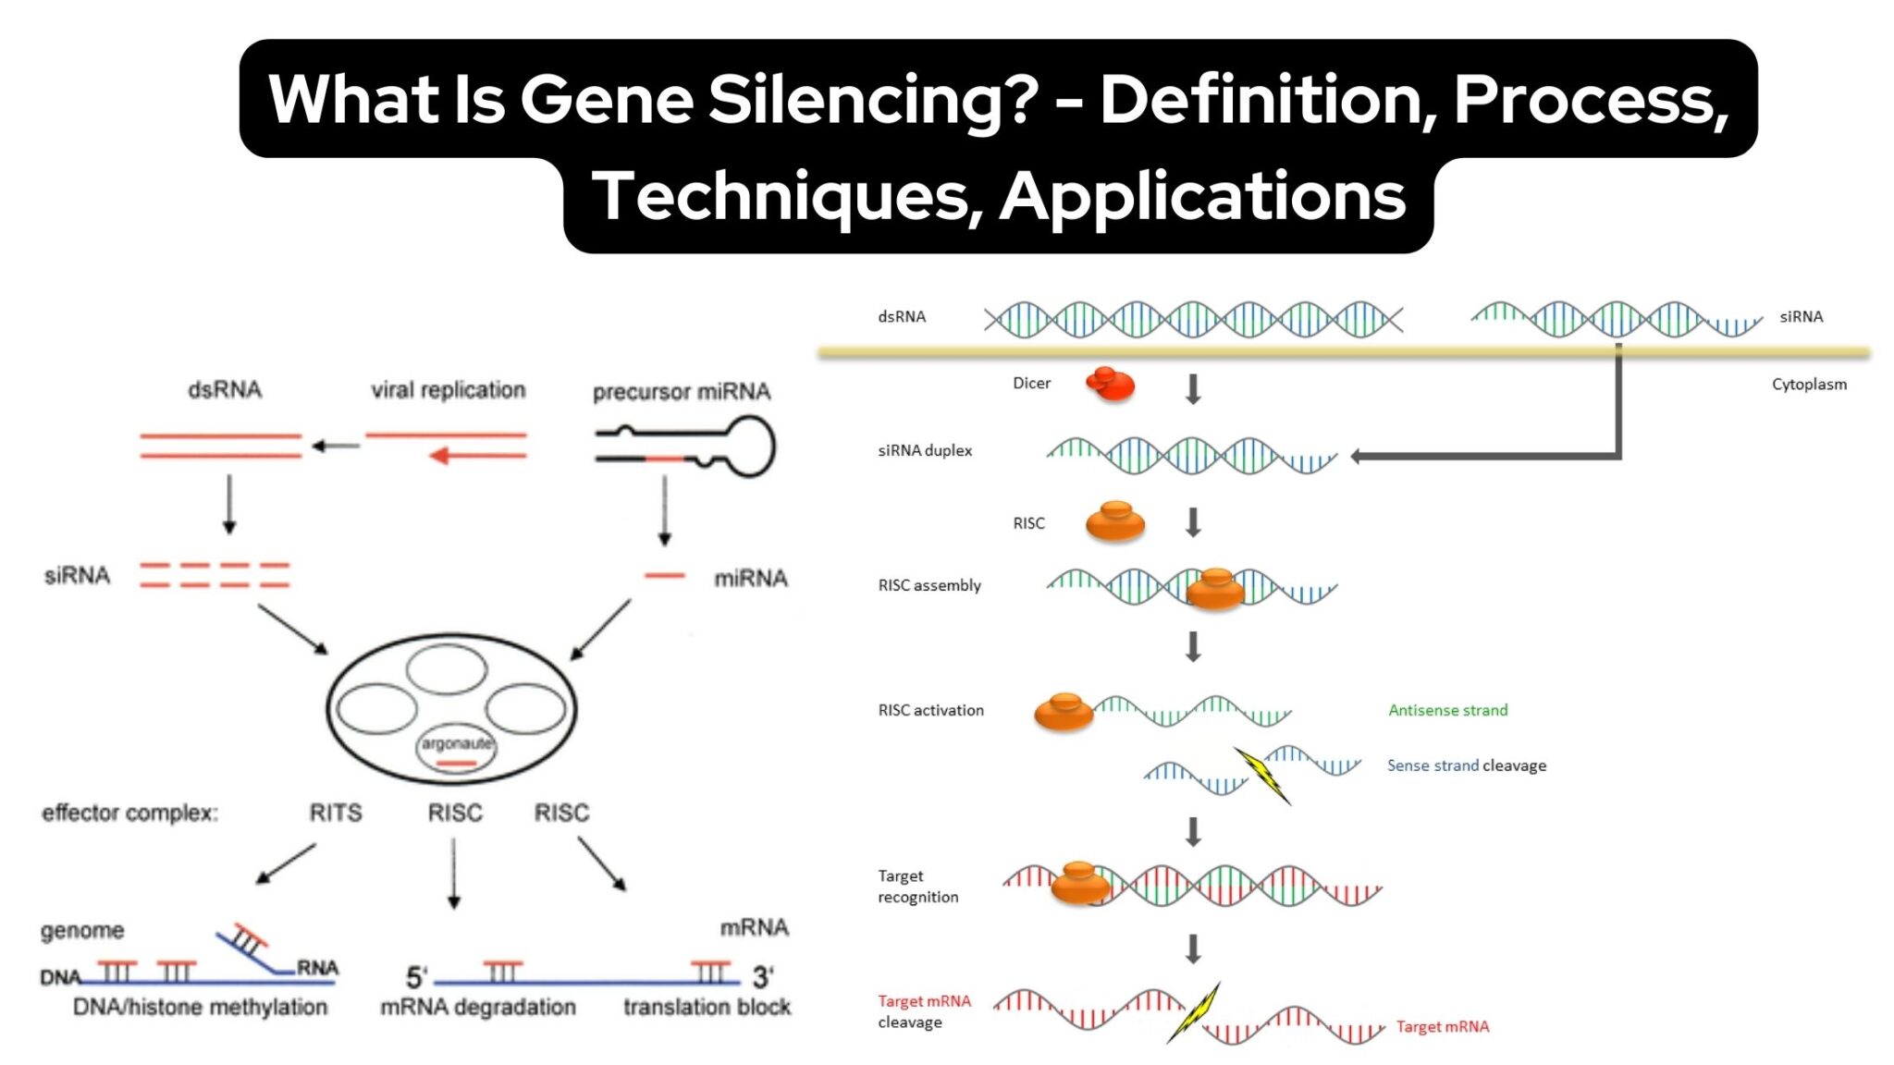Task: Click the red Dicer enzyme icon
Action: point(1110,384)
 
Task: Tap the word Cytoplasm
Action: point(1808,385)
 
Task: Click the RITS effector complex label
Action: point(335,813)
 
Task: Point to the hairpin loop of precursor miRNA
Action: point(748,447)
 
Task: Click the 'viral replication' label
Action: point(448,390)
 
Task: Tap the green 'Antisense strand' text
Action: point(1447,710)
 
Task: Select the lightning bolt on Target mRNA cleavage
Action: point(1195,1012)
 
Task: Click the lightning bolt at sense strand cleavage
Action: point(1263,775)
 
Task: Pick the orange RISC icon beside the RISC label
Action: point(1114,522)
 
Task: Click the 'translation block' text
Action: point(707,1007)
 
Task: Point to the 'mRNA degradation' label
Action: point(477,1007)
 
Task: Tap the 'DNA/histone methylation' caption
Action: point(200,1007)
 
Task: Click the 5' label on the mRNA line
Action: point(416,977)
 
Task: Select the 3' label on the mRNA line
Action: point(762,977)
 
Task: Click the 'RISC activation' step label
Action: point(930,710)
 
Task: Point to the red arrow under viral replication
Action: point(477,456)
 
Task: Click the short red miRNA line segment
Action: point(664,576)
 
